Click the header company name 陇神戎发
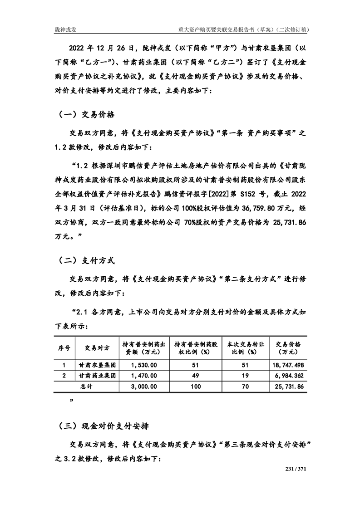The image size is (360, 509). [64, 29]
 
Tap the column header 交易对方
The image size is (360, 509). [97, 348]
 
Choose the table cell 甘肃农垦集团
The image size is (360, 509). [97, 365]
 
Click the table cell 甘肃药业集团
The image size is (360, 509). [97, 376]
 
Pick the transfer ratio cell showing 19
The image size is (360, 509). [244, 376]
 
